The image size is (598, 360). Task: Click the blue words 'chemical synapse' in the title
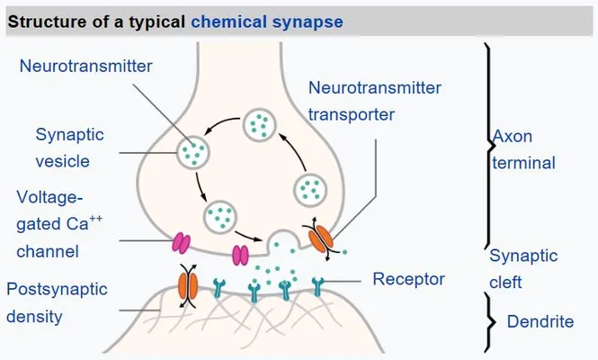266,22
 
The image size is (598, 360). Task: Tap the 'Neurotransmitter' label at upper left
85,66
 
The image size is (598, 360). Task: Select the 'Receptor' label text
408,279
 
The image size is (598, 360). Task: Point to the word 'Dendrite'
540,321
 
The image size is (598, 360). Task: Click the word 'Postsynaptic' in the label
57,290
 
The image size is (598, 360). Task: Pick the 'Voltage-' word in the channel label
49,197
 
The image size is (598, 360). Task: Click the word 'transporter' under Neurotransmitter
352,114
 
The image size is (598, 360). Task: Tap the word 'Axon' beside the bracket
513,136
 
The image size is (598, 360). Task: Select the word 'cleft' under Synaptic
505,283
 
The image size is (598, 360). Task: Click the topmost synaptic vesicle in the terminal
259,125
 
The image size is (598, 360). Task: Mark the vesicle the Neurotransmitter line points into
193,152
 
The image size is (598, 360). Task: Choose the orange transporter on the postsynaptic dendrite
188,285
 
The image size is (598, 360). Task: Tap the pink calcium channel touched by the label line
181,243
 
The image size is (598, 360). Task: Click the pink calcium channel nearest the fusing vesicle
241,255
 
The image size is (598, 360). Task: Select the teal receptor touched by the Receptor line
317,287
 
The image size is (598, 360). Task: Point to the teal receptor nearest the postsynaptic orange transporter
219,288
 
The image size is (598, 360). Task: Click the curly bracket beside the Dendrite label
489,322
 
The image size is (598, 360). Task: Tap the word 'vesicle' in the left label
63,161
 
